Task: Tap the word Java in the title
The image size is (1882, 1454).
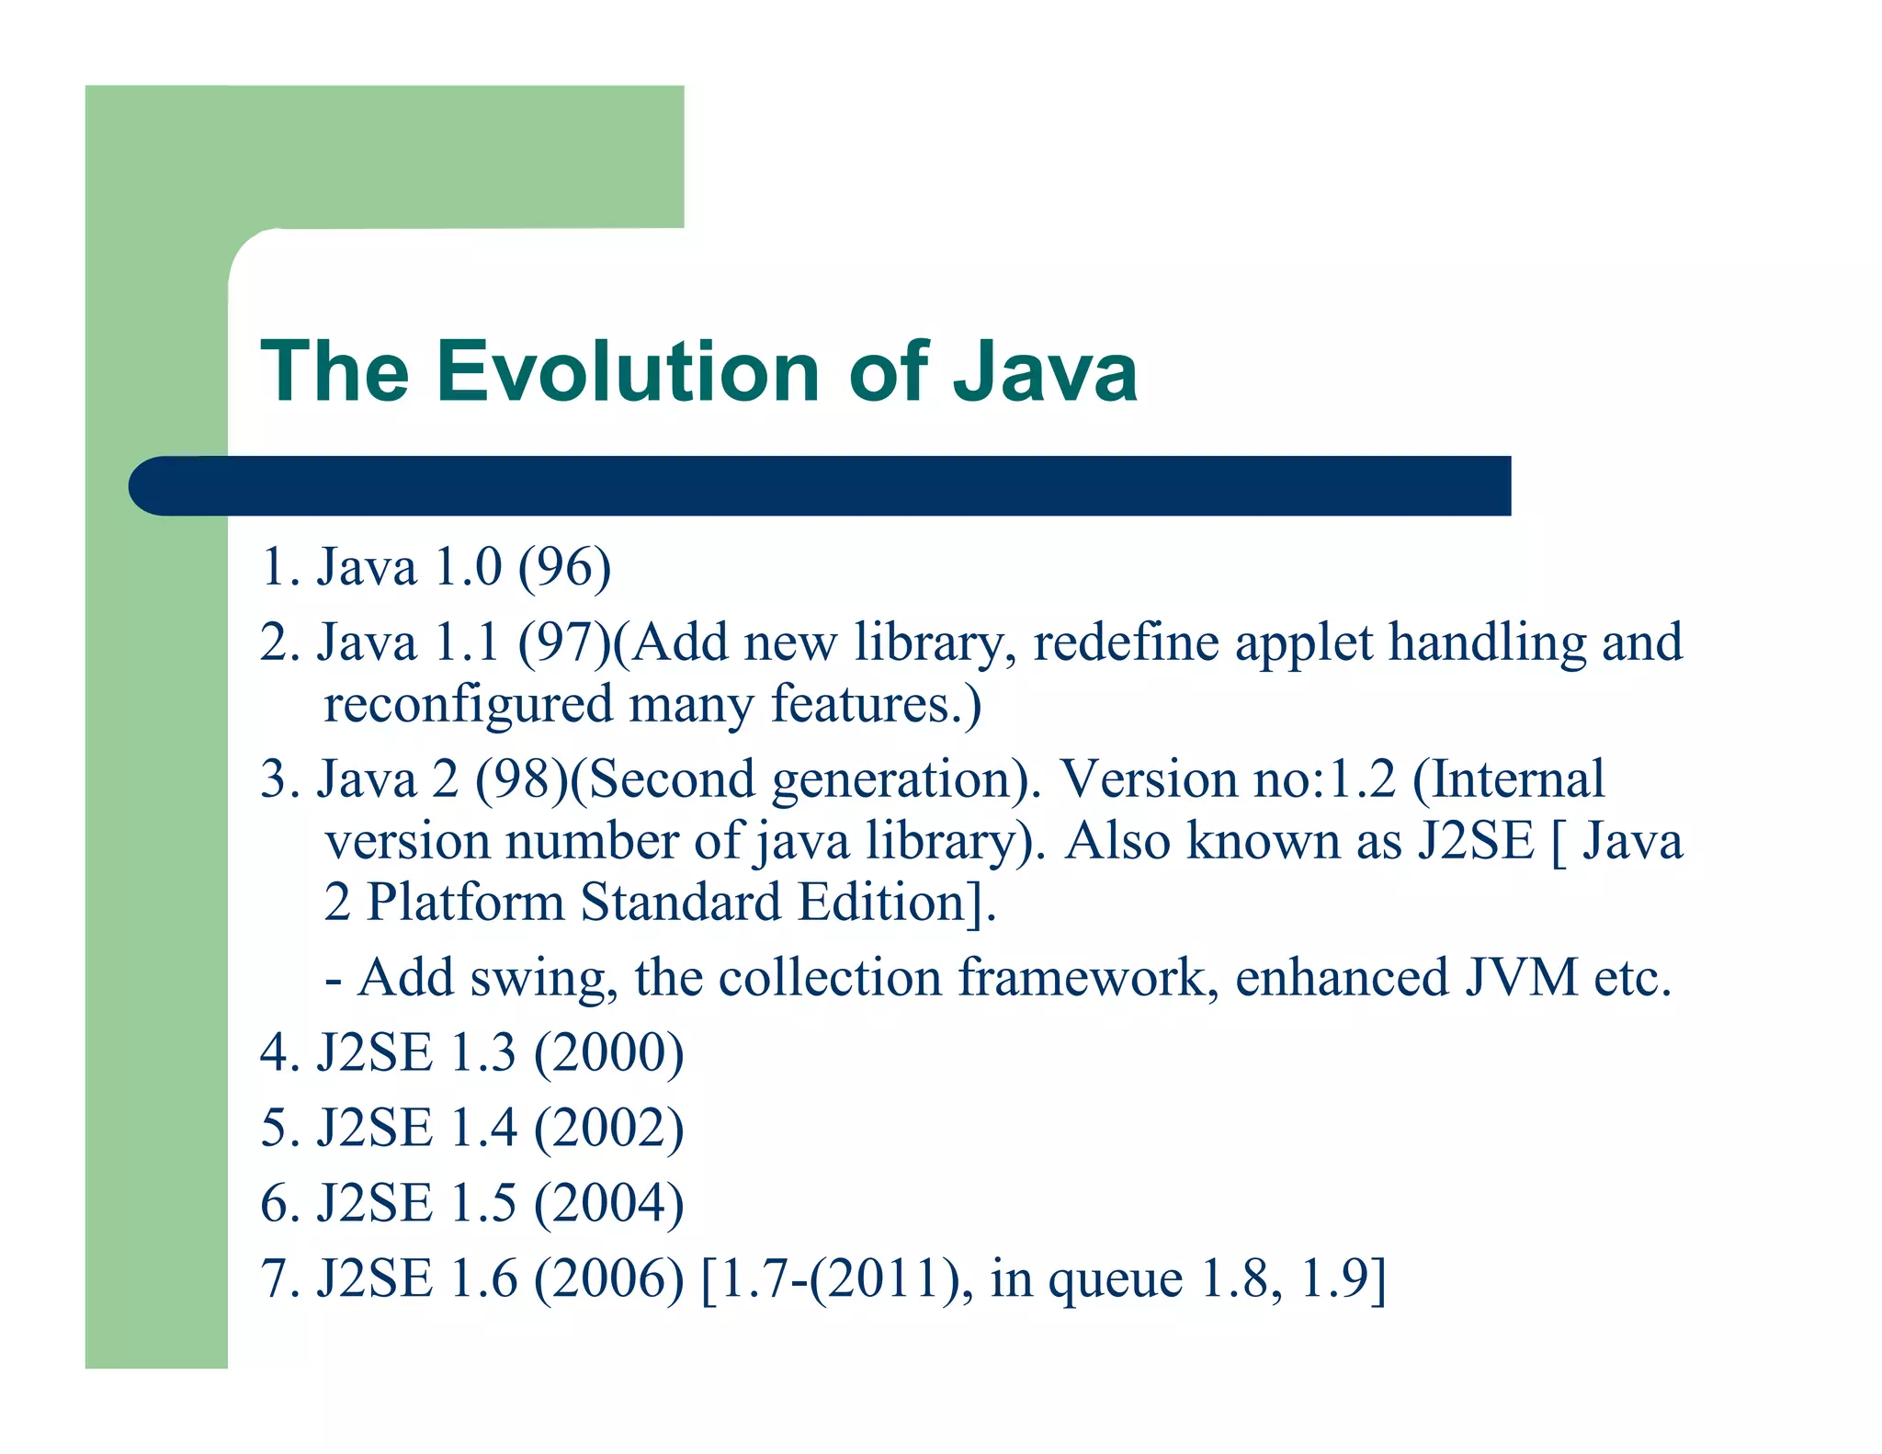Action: click(1045, 371)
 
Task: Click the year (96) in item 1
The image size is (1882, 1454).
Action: click(564, 567)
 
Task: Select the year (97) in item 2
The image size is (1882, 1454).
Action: click(564, 642)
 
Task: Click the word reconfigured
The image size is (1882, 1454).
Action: click(468, 704)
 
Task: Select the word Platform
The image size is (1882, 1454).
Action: click(465, 903)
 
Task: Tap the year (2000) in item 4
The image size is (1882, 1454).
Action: click(608, 1053)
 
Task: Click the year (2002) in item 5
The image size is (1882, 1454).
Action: click(608, 1129)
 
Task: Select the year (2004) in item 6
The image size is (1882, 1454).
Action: click(608, 1204)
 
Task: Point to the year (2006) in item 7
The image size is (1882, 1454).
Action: click(608, 1279)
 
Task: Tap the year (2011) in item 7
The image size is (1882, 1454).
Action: click(885, 1279)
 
